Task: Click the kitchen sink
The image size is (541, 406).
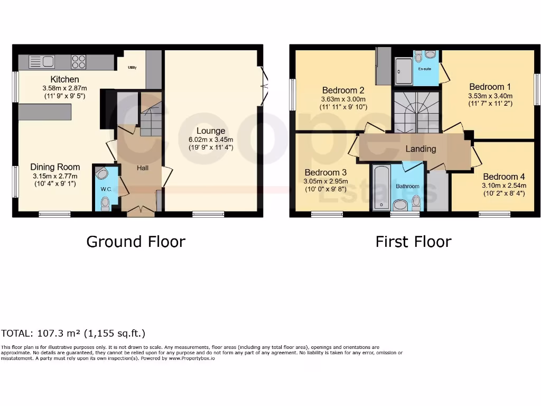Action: coord(42,62)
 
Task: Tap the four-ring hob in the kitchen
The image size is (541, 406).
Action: coord(79,62)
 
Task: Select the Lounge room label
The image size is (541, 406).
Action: coord(211,131)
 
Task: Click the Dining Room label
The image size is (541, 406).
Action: coord(54,167)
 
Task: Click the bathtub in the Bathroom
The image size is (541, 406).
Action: coord(381,187)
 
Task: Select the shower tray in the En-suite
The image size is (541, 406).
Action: coord(404,71)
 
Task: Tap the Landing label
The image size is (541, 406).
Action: coord(421,149)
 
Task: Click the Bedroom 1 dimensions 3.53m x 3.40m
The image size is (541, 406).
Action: coord(490,96)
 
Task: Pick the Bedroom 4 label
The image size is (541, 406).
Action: coord(503,177)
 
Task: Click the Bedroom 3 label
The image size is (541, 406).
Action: coord(325,172)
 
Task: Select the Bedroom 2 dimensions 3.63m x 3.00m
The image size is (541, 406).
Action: coord(343,99)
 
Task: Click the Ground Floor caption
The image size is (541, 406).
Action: coord(136,242)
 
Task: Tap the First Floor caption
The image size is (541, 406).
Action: coord(413,242)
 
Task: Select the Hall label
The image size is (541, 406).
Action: coord(143,168)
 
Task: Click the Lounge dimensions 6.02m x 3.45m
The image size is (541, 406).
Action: coord(211,140)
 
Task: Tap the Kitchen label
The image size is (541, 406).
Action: coord(64,79)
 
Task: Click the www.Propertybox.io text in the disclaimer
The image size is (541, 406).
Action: coord(192,358)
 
